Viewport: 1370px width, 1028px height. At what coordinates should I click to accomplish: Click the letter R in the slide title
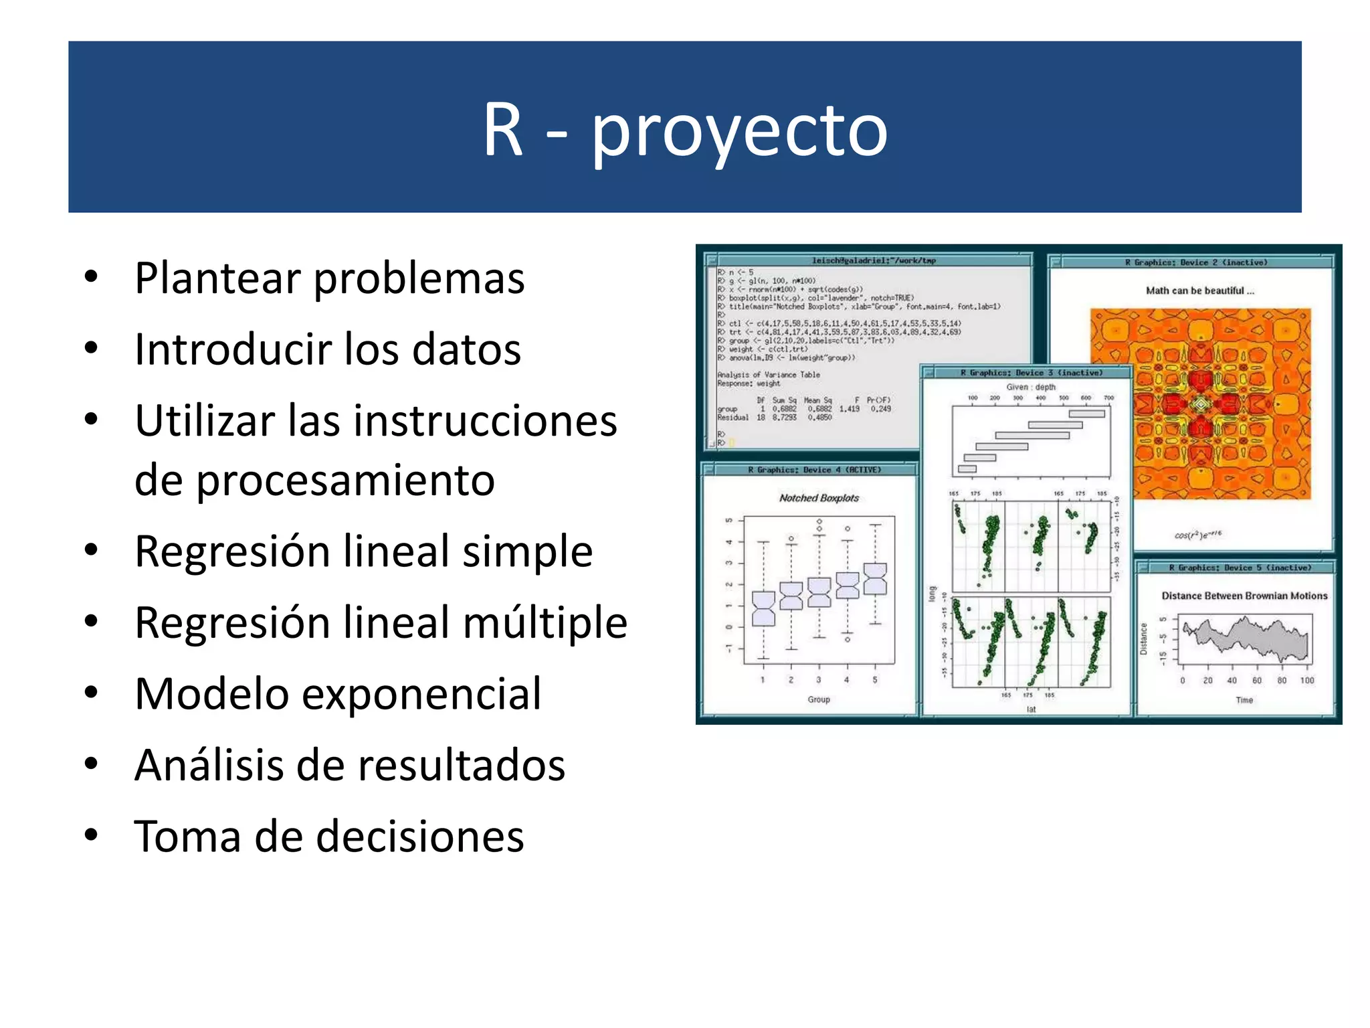tap(502, 131)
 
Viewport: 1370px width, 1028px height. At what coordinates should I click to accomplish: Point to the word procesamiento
tap(345, 480)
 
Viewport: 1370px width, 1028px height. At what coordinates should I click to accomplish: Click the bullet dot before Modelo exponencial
tap(92, 692)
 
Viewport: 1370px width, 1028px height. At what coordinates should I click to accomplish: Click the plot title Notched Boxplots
tap(819, 498)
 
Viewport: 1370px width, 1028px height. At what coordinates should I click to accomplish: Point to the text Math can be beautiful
tap(1199, 290)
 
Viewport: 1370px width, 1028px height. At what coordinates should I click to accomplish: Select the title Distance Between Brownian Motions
tap(1244, 596)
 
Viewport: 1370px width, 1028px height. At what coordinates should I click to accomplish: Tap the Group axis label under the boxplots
tap(818, 699)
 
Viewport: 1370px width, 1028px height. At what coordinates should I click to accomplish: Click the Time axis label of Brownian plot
tap(1244, 700)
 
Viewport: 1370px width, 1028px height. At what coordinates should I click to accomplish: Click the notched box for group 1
tap(763, 608)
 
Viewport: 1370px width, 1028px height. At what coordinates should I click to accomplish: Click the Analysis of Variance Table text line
tap(768, 375)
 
